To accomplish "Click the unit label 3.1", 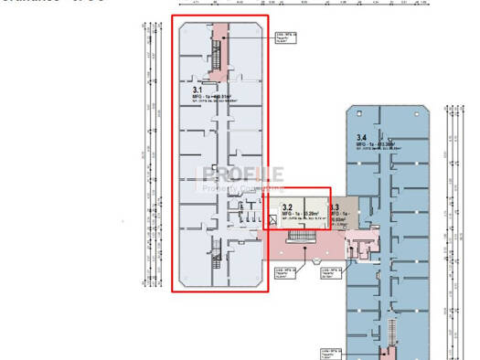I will click(x=197, y=89).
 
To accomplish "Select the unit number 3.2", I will click(x=286, y=207).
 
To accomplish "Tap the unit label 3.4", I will click(x=361, y=137).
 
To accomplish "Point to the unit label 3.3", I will click(x=335, y=207).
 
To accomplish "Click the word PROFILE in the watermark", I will click(x=242, y=175).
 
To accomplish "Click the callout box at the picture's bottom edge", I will click(x=331, y=353).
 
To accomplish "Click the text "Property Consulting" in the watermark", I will click(x=242, y=187).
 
